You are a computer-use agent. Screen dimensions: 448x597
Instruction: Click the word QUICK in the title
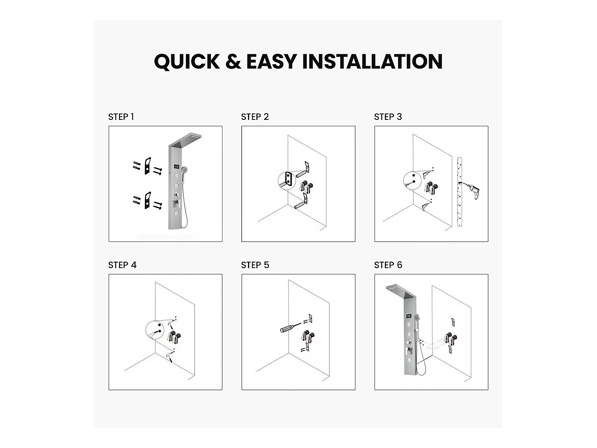pos(187,62)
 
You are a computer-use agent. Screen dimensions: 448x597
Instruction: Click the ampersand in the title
pos(233,62)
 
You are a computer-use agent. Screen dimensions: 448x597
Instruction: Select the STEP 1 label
pos(121,117)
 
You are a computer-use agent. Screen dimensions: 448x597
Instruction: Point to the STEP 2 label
pos(255,117)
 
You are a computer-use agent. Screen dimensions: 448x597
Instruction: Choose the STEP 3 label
pos(388,117)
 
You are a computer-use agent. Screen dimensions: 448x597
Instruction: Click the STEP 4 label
pos(122,265)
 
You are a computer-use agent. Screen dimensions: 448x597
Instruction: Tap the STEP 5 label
pos(255,265)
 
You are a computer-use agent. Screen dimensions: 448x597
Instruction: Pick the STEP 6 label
pos(388,265)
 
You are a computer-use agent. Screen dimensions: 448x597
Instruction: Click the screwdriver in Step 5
pos(287,329)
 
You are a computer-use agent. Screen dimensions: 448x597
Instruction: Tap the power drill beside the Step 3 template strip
pos(473,191)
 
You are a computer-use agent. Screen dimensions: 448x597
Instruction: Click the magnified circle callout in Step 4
pos(155,331)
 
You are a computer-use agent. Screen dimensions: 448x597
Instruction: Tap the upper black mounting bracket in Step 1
pos(148,166)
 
